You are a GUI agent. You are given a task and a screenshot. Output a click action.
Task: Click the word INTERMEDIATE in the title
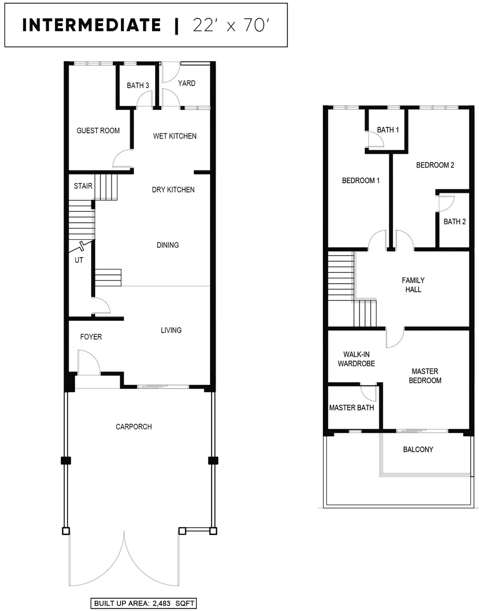pyautogui.click(x=91, y=25)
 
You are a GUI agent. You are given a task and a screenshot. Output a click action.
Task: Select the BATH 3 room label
pyautogui.click(x=138, y=85)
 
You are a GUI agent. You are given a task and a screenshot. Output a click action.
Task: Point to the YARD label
pyautogui.click(x=187, y=83)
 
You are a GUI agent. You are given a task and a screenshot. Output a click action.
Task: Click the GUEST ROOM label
pyautogui.click(x=98, y=130)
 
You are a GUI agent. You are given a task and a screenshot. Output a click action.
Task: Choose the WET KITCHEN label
pyautogui.click(x=174, y=136)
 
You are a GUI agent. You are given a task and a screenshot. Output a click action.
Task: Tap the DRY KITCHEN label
pyautogui.click(x=173, y=190)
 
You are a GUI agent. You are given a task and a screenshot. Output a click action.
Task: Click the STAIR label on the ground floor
pyautogui.click(x=83, y=186)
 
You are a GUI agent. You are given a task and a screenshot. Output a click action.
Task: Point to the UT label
pyautogui.click(x=79, y=260)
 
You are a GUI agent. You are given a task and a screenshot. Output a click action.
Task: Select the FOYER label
pyautogui.click(x=91, y=337)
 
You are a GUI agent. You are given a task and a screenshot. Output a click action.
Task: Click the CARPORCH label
pyautogui.click(x=134, y=427)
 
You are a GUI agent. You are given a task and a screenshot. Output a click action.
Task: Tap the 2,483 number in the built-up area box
pyautogui.click(x=161, y=603)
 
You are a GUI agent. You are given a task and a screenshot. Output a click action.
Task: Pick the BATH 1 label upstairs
pyautogui.click(x=388, y=130)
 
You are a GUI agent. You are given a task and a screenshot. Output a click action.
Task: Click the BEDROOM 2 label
pyautogui.click(x=435, y=165)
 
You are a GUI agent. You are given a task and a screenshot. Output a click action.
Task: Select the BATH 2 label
pyautogui.click(x=455, y=221)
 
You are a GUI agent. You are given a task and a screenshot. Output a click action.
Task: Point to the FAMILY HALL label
pyautogui.click(x=413, y=285)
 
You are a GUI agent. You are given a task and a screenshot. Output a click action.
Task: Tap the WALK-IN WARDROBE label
pyautogui.click(x=356, y=359)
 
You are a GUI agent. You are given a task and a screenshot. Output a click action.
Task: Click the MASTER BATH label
pyautogui.click(x=351, y=407)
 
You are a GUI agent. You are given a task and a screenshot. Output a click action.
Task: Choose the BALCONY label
pyautogui.click(x=418, y=449)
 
